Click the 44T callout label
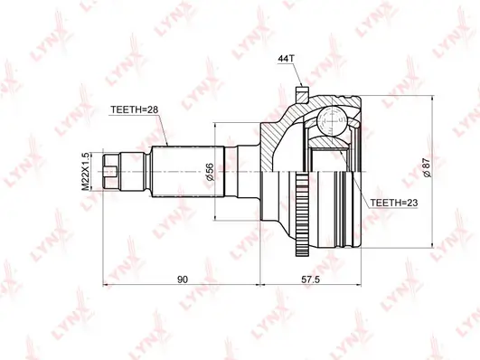(286, 59)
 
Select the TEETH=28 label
(135, 109)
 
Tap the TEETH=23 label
(394, 203)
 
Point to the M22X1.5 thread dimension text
(87, 172)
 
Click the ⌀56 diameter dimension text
(210, 172)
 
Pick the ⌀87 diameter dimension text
(427, 168)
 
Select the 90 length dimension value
(182, 279)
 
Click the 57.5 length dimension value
(310, 279)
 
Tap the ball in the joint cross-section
(332, 121)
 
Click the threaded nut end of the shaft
(111, 171)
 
